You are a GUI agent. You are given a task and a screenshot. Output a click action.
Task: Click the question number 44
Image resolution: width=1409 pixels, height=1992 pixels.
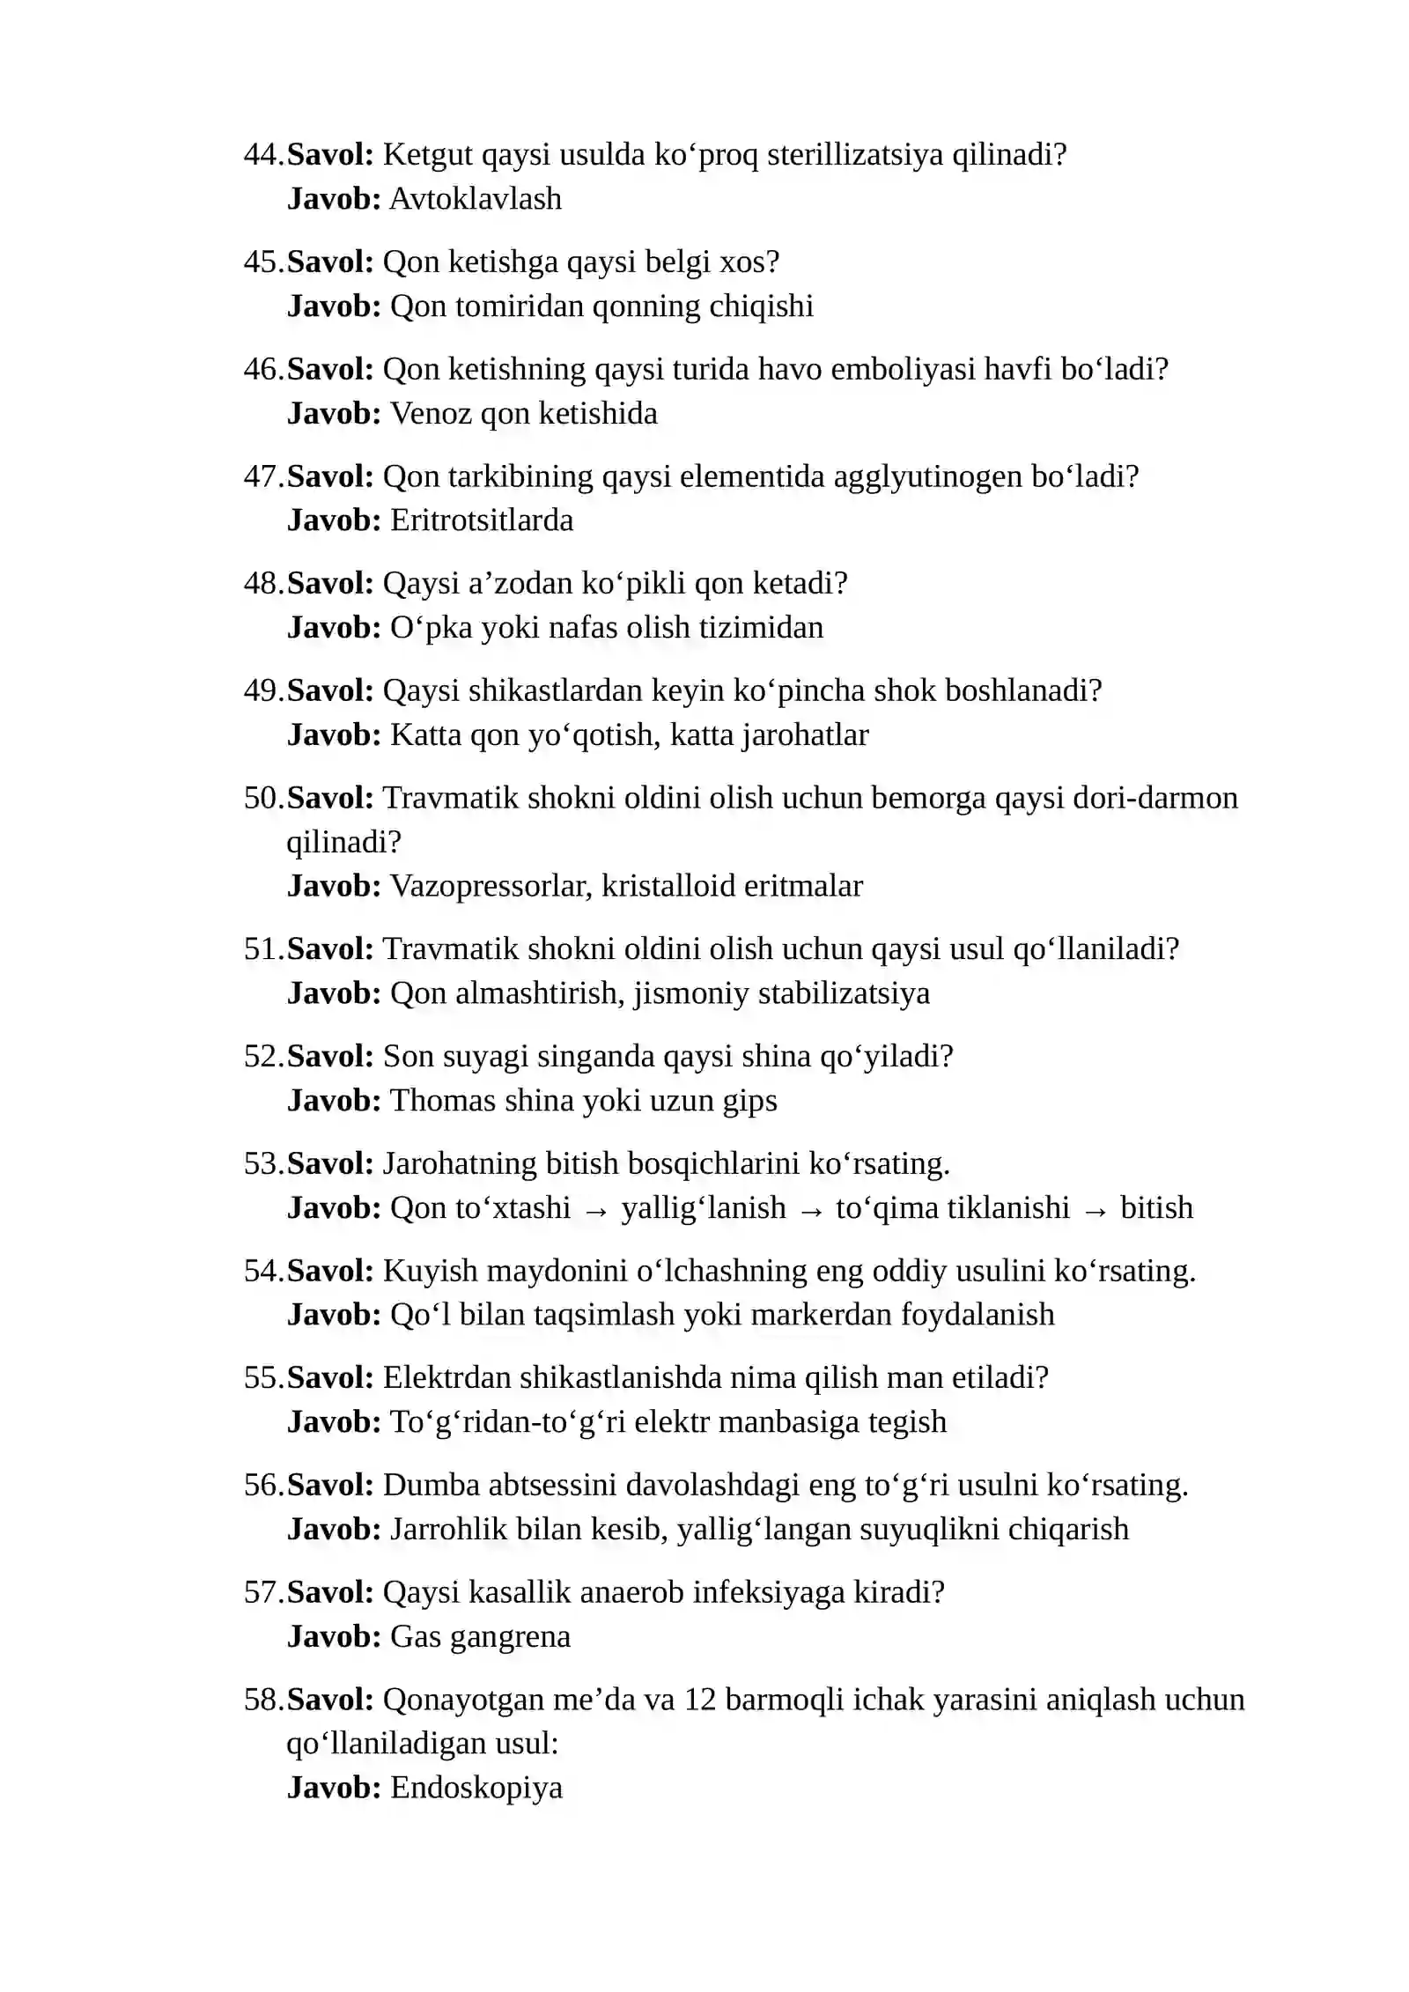[x=262, y=155]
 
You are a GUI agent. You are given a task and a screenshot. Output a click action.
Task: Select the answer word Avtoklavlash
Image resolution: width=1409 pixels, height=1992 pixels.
[x=476, y=199]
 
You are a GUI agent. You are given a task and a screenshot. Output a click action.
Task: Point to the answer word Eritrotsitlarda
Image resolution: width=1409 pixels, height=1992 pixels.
[x=482, y=520]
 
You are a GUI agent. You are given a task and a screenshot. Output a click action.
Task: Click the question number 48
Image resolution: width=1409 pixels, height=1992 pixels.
[x=262, y=584]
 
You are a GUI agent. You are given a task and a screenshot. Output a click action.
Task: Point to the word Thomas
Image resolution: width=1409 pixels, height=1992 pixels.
[x=443, y=1101]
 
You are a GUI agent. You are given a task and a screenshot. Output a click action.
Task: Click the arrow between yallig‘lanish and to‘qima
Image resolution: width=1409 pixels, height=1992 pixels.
[x=811, y=1210]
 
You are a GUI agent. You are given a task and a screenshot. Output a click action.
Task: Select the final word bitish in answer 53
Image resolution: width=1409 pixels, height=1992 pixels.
[x=1156, y=1208]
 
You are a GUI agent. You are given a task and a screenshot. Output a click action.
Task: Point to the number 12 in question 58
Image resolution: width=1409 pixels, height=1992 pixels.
[x=700, y=1700]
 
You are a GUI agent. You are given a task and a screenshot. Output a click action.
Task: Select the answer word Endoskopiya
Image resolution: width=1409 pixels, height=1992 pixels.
[x=476, y=1788]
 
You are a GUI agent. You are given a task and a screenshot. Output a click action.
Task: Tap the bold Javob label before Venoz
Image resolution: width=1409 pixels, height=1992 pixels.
[x=334, y=413]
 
